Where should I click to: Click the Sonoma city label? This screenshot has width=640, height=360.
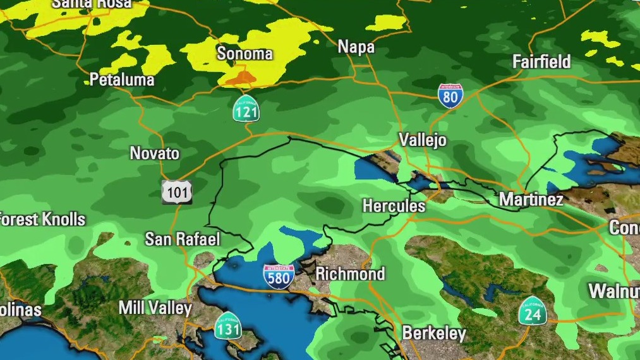coord(245,54)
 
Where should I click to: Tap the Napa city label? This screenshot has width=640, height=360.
coord(356,47)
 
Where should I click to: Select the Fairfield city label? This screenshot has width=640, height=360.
coord(541,62)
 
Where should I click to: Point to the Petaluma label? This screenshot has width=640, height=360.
coord(122,80)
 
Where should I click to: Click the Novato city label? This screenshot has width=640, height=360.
coord(155,153)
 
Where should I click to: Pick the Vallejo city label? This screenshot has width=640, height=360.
coord(423,140)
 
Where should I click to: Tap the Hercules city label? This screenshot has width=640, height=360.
coord(394,206)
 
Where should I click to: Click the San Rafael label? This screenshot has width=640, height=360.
coord(183,239)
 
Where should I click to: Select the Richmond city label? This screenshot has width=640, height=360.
coord(349,273)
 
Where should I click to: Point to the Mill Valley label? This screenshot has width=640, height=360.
coord(155,308)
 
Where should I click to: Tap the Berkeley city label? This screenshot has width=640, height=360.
coord(434,333)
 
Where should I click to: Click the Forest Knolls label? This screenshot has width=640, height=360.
coord(42,220)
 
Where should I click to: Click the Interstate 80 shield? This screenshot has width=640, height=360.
coord(450,96)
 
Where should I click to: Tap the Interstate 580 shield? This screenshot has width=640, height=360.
coord(279,277)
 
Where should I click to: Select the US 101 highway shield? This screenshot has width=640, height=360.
coord(176,191)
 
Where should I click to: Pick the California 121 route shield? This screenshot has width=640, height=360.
coord(246,109)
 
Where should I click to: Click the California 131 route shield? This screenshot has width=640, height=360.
coord(227,325)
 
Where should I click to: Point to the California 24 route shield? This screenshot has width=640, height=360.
coord(533,311)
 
